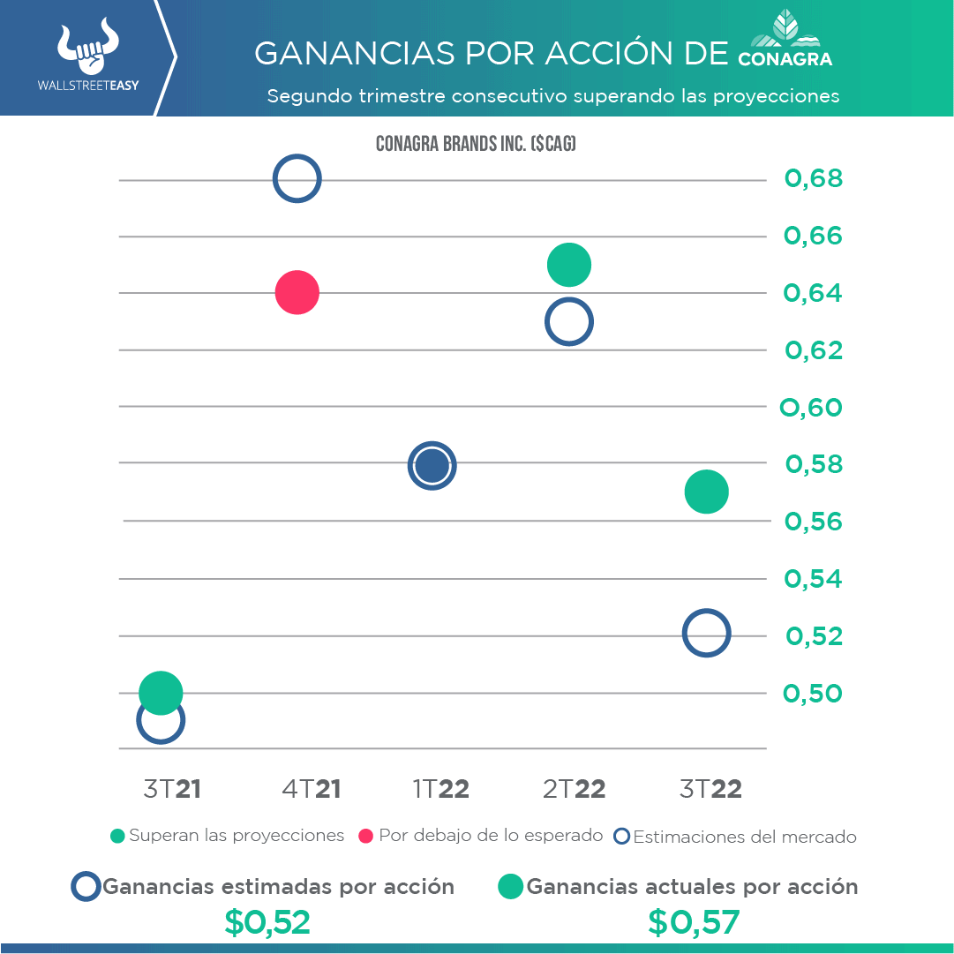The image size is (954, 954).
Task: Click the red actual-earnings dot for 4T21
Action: [x=297, y=292]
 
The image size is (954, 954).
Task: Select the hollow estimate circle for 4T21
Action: [x=297, y=178]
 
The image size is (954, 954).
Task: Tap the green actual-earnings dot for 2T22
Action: [x=568, y=264]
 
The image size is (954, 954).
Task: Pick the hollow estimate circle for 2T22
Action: [x=568, y=322]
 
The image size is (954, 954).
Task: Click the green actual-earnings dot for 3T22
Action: [x=706, y=492]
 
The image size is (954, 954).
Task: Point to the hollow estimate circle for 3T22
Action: [x=706, y=633]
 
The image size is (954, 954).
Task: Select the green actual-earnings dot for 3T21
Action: [x=161, y=693]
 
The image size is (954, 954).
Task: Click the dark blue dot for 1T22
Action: [x=432, y=465]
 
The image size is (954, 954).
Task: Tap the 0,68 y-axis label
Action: [x=814, y=179]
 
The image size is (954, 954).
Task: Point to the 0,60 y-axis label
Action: [x=812, y=408]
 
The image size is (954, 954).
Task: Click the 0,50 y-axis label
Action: [x=813, y=694]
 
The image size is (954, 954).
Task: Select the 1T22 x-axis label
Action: [x=440, y=789]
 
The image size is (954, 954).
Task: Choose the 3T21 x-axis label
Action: [x=172, y=789]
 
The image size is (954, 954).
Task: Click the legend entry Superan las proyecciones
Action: [x=227, y=836]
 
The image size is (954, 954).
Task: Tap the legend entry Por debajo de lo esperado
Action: [x=481, y=836]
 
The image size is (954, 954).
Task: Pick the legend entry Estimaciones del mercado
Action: [x=735, y=837]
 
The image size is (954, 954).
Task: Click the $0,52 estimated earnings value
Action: [x=267, y=922]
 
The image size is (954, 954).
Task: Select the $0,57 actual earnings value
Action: [x=693, y=922]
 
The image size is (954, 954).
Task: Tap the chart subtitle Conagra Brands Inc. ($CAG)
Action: [x=476, y=143]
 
